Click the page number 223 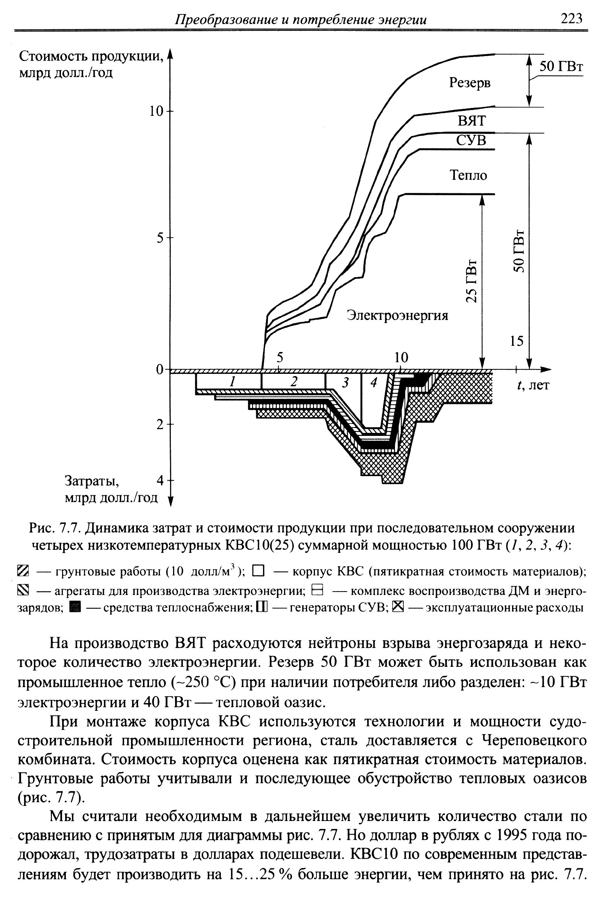[572, 18]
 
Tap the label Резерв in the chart [470, 82]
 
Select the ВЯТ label [472, 121]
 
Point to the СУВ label [471, 140]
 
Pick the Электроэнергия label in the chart [397, 316]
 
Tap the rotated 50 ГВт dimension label [519, 251]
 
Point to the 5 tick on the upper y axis [161, 238]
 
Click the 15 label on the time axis [517, 341]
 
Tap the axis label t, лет [534, 385]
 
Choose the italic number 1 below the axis [231, 381]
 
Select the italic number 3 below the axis [345, 382]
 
